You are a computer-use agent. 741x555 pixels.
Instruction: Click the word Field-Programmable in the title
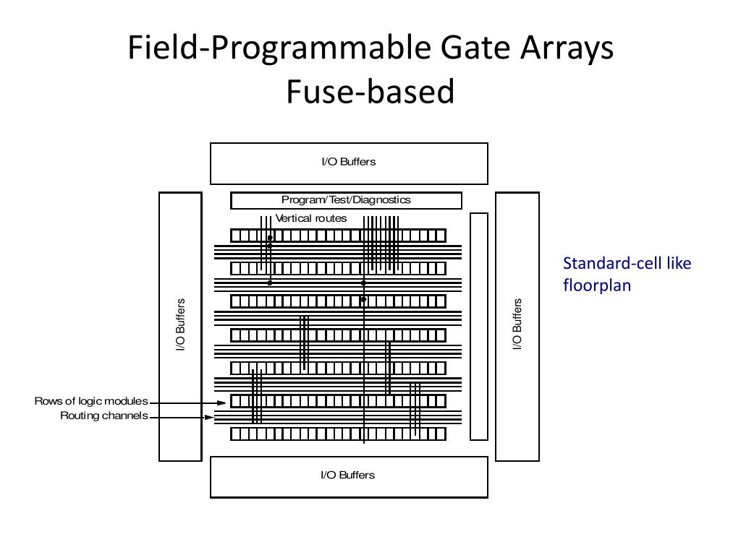point(279,48)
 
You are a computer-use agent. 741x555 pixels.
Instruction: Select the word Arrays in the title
point(567,49)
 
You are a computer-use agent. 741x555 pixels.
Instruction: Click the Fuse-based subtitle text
point(370,91)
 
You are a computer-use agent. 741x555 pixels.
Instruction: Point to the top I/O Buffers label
point(349,161)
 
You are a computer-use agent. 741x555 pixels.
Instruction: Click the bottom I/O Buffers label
point(348,475)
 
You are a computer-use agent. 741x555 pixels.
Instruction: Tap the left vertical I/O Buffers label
point(180,324)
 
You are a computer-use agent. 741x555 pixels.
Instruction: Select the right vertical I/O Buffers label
point(517,324)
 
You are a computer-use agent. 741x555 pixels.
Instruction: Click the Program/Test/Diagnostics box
point(346,200)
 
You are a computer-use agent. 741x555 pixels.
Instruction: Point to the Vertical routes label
point(311,218)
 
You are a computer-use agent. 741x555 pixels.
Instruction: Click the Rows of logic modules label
point(91,401)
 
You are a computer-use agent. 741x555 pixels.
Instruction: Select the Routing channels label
point(104,416)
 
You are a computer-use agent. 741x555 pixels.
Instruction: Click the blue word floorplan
point(597,285)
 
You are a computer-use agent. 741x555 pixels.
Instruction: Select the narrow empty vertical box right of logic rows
point(479,327)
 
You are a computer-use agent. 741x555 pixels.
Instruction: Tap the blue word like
point(679,263)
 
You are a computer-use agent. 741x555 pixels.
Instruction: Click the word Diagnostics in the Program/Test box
point(382,200)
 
